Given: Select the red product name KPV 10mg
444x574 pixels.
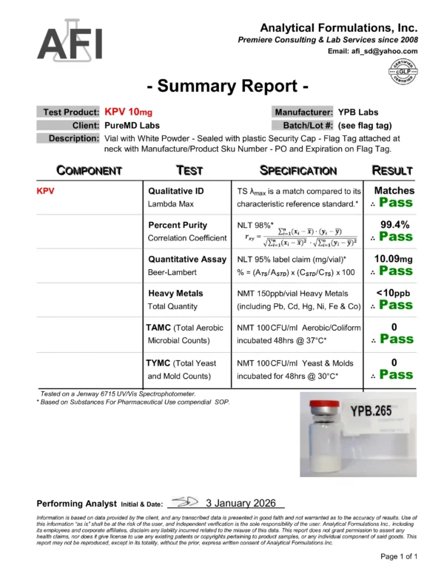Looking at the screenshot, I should [129, 112].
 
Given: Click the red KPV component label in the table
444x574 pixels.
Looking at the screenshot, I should [47, 191].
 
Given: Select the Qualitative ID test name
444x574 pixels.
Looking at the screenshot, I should [178, 191].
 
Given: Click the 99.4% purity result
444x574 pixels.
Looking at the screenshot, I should [394, 224].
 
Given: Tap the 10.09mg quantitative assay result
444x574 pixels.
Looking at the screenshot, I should [394, 259].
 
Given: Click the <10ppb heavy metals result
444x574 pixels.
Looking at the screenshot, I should [394, 293].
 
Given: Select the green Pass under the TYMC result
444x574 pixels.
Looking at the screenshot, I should [396, 375].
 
